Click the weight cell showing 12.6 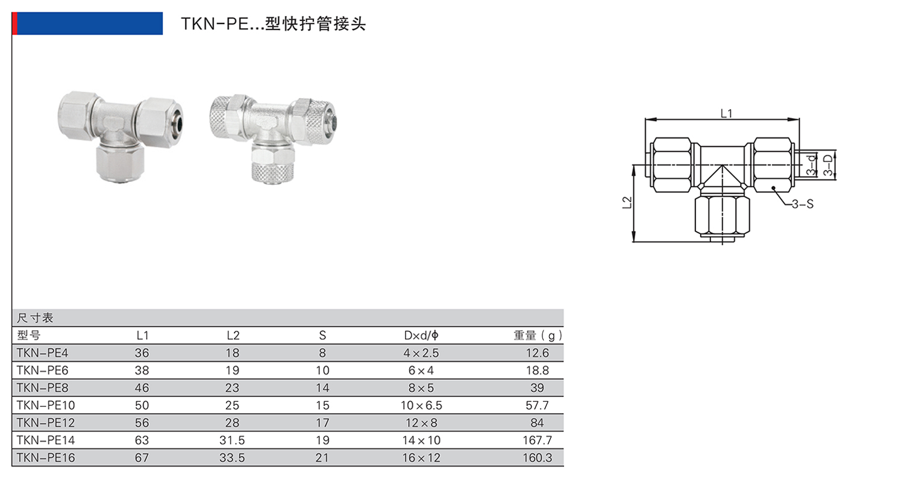tap(537, 353)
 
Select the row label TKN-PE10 tap(46, 405)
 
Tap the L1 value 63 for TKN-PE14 tap(142, 440)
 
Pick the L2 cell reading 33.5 tap(232, 458)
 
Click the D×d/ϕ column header tap(421, 336)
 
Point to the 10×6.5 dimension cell tap(421, 405)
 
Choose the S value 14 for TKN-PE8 tap(322, 388)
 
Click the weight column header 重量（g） tap(538, 336)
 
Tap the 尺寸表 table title tap(35, 317)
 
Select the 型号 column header tap(28, 336)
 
